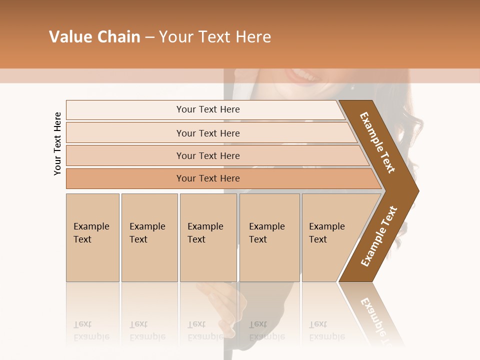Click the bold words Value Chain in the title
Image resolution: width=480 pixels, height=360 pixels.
click(x=94, y=37)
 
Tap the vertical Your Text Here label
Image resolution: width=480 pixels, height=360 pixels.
click(x=57, y=143)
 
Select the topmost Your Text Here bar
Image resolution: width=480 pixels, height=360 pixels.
click(x=207, y=109)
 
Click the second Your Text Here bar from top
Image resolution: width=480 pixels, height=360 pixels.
click(x=207, y=133)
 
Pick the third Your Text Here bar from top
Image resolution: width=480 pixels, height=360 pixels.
click(x=207, y=155)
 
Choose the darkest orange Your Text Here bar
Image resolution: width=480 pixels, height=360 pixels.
click(x=207, y=178)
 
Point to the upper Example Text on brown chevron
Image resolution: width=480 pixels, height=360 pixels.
click(x=377, y=142)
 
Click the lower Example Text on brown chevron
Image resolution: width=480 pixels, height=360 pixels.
click(x=378, y=236)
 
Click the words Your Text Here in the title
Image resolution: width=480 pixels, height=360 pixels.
click(x=215, y=37)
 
